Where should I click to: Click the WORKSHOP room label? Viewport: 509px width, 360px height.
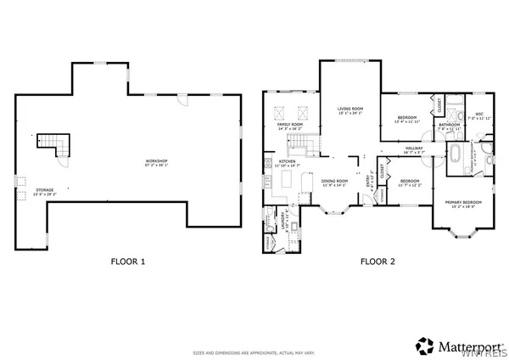click(156, 160)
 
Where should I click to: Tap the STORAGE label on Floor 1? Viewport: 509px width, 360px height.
click(43, 191)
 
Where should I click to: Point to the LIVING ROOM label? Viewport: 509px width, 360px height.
click(350, 109)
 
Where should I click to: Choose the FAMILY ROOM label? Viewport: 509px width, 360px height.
click(289, 125)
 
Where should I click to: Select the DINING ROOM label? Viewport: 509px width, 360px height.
click(335, 180)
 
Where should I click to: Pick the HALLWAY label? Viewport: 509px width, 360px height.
click(414, 149)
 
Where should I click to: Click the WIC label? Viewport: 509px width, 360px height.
click(479, 114)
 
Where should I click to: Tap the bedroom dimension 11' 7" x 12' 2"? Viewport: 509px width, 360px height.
click(411, 185)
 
